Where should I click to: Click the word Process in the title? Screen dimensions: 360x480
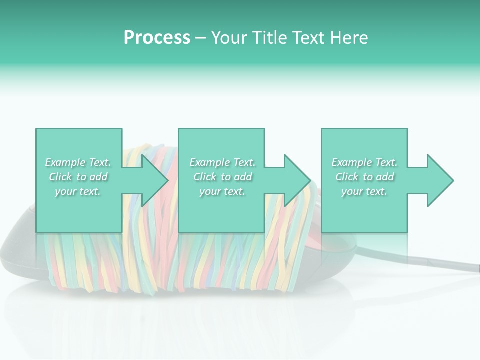(x=157, y=38)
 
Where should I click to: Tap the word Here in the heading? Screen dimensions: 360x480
(x=349, y=38)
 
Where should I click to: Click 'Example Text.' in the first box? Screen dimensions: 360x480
(x=78, y=162)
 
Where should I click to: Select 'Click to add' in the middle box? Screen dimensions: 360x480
(x=222, y=177)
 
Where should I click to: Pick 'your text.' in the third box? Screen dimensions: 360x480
(x=364, y=191)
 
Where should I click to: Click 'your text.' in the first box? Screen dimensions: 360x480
(x=78, y=191)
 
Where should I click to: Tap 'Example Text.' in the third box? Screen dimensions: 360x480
(x=364, y=162)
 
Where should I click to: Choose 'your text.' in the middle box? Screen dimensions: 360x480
(x=222, y=191)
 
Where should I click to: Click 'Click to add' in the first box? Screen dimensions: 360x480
(x=78, y=177)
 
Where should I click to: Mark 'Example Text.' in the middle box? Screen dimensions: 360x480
(x=222, y=162)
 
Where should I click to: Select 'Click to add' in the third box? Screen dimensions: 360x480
(x=364, y=177)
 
